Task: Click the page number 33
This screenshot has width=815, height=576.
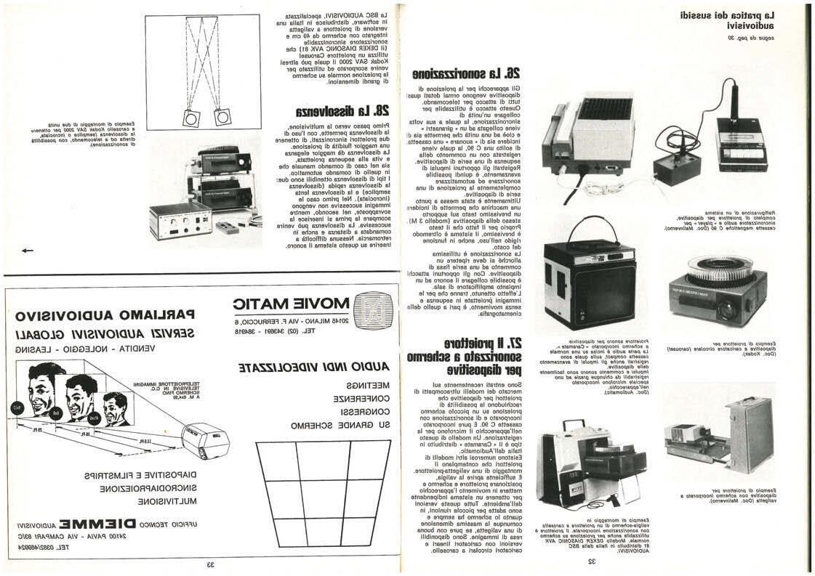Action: tap(209, 564)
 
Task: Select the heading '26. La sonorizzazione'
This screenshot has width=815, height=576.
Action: tap(466, 73)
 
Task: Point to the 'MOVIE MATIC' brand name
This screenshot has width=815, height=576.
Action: tap(291, 304)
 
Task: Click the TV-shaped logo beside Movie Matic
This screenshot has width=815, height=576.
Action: tap(373, 310)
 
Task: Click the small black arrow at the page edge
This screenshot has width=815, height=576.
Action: tap(27, 251)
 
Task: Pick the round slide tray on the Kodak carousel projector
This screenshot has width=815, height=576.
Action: tap(720, 267)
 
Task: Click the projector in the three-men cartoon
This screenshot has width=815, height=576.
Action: tap(204, 442)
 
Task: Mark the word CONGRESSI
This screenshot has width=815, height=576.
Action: tap(362, 411)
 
